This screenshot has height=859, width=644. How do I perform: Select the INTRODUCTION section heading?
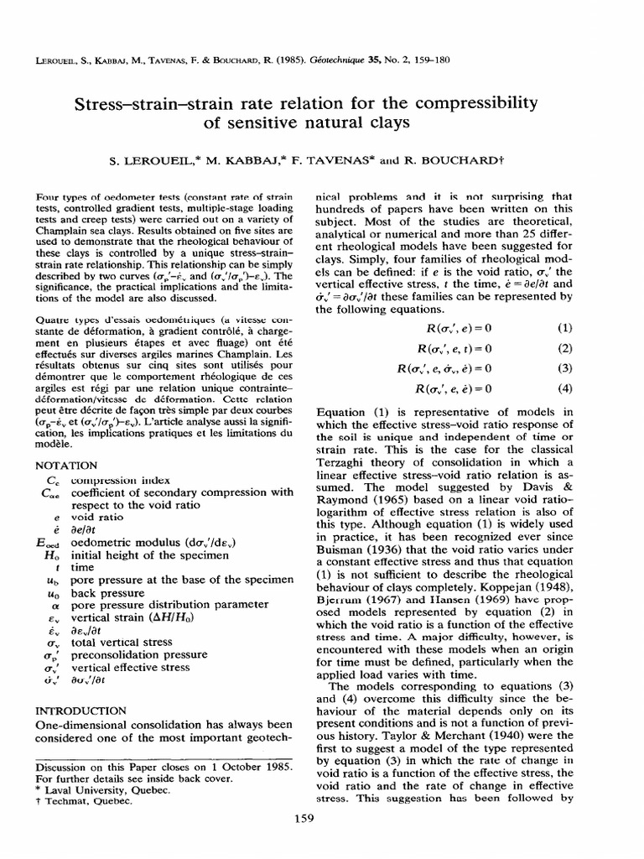81,710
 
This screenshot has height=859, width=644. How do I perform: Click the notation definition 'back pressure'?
108,592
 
